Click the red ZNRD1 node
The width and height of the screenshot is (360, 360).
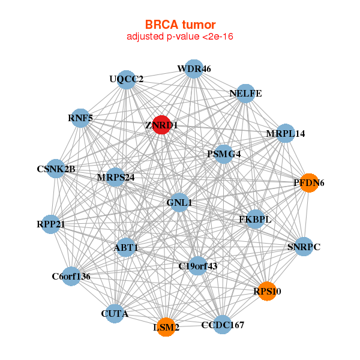click(161, 125)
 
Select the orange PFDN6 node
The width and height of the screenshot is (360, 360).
click(308, 183)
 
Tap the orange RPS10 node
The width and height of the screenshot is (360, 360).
click(266, 292)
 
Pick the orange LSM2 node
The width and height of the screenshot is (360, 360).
click(166, 327)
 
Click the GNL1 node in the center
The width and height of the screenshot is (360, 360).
click(180, 203)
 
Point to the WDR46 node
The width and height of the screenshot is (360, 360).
click(193, 69)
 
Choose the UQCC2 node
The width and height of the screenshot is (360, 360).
click(127, 79)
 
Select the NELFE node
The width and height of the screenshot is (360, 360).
click(245, 94)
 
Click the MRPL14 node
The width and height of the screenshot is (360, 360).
click(286, 133)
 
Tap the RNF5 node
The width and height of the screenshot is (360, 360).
click(80, 118)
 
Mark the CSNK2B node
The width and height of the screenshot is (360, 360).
click(56, 169)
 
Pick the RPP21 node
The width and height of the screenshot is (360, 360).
click(51, 224)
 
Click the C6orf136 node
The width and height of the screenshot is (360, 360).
click(71, 276)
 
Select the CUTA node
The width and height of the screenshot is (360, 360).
click(115, 313)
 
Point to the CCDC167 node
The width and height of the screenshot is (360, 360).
click(223, 325)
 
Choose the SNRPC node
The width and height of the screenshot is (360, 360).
click(304, 247)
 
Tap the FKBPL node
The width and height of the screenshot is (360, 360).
click(255, 219)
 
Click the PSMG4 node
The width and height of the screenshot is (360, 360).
click(224, 154)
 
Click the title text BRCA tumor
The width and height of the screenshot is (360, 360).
click(180, 25)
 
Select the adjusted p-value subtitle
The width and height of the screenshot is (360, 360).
click(180, 37)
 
